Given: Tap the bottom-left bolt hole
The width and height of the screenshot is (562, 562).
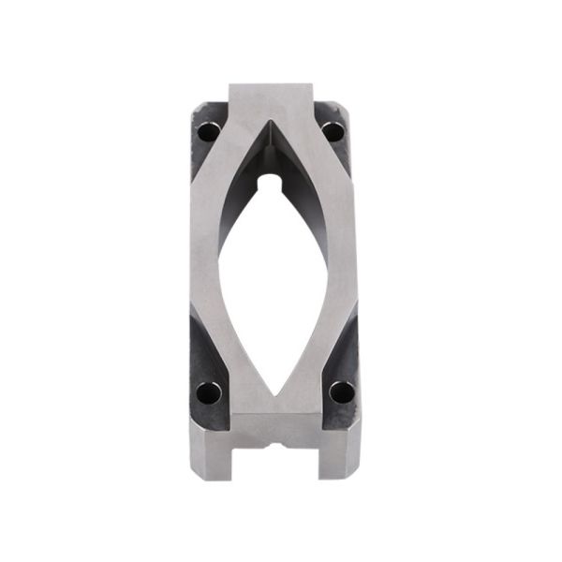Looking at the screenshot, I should click(208, 392).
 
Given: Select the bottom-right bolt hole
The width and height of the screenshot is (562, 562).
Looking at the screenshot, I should click(342, 391).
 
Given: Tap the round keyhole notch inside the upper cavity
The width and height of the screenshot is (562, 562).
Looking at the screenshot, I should click(272, 178).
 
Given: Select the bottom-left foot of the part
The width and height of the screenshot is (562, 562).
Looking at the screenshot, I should click(210, 454).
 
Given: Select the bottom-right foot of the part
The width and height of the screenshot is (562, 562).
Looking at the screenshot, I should click(340, 454).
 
